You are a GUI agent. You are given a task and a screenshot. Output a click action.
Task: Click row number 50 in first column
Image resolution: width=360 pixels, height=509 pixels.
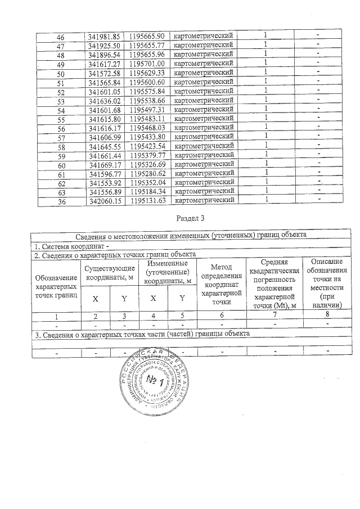(61, 74)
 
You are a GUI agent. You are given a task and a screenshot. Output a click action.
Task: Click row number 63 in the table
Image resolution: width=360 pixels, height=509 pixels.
(61, 192)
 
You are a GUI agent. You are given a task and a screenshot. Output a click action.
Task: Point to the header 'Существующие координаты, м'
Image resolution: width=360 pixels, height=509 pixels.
(109, 272)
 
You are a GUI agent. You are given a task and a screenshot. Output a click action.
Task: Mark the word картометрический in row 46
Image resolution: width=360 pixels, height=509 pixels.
(204, 36)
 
